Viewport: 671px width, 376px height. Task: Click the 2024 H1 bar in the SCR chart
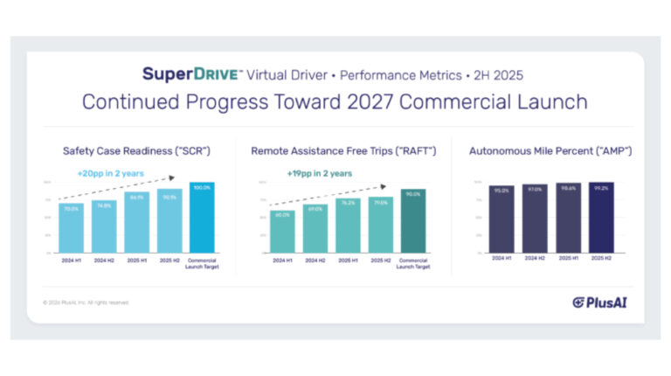point(72,227)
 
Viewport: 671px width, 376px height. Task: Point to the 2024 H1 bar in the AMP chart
point(502,219)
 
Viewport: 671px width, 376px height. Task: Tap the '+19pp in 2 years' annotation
point(320,173)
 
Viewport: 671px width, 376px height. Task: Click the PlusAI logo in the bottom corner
point(599,303)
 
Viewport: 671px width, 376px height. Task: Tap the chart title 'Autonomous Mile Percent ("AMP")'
point(550,151)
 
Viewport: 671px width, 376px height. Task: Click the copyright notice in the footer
point(86,303)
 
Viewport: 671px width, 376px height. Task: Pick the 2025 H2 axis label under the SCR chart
point(169,261)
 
